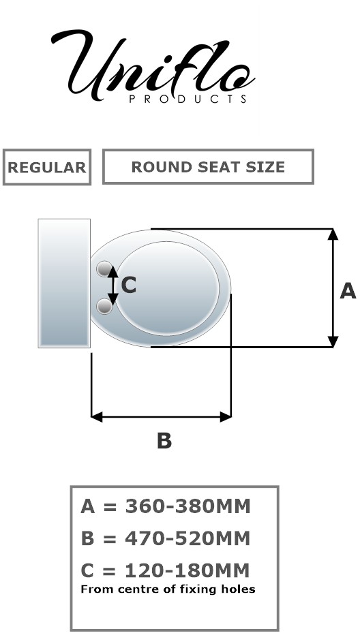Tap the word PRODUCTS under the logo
point(188,99)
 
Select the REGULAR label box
point(47,167)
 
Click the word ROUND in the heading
point(156,167)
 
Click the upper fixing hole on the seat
point(104,268)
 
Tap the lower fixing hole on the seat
point(104,307)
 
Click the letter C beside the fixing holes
point(128,285)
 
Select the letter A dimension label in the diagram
point(348,291)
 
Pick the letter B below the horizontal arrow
point(164,440)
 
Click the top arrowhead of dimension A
point(333,234)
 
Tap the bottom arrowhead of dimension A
point(333,341)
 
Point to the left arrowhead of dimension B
point(97,417)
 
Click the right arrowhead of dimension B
point(226,417)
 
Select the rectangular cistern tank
point(64,283)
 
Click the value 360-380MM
point(188,506)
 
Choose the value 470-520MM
point(187,538)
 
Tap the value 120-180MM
point(187,570)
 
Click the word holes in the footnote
point(241,589)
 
